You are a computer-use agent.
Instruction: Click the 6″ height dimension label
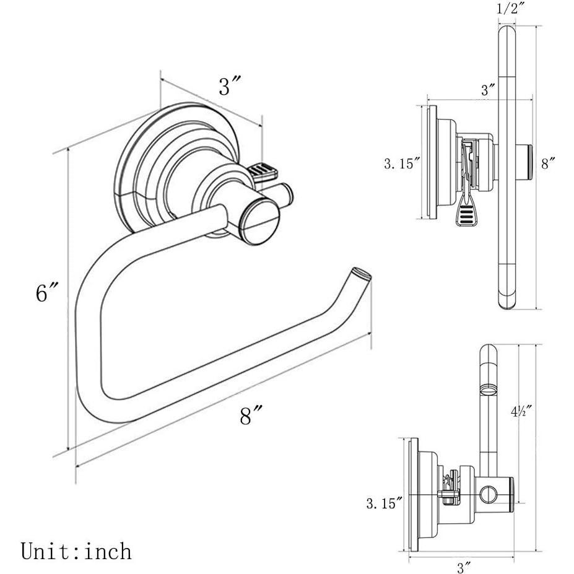pos(47,292)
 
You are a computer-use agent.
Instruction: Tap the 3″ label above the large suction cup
pos(229,87)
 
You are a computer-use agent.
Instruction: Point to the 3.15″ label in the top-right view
pos(402,164)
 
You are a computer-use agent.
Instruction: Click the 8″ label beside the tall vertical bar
pos(548,163)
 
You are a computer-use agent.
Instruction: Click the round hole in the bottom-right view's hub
pos(489,495)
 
